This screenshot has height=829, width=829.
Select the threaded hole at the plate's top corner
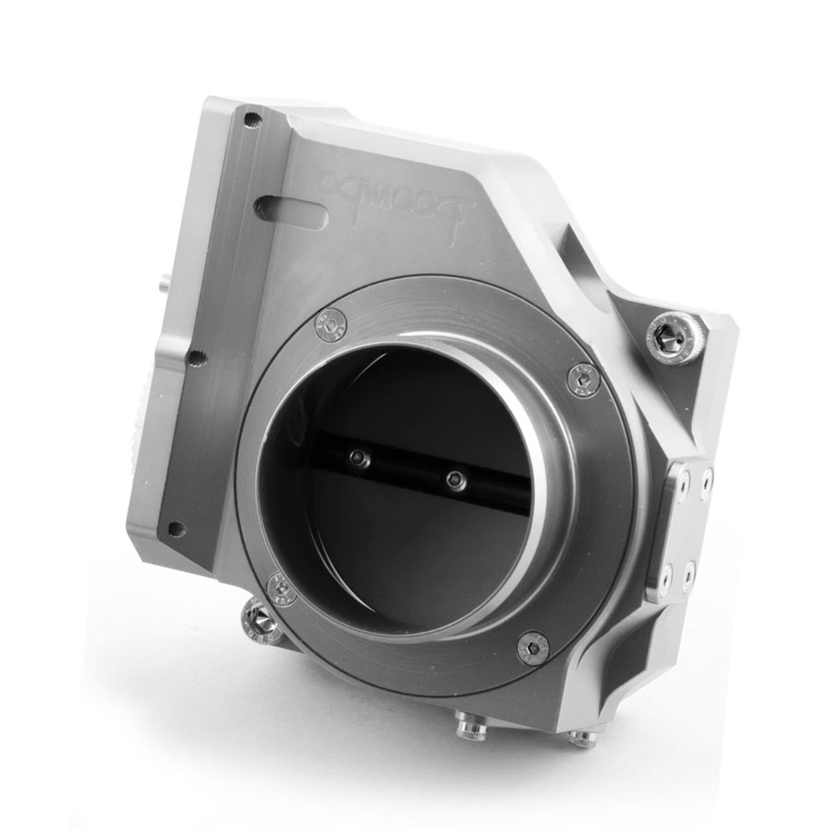(256, 120)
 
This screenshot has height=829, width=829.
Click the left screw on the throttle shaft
(357, 457)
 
